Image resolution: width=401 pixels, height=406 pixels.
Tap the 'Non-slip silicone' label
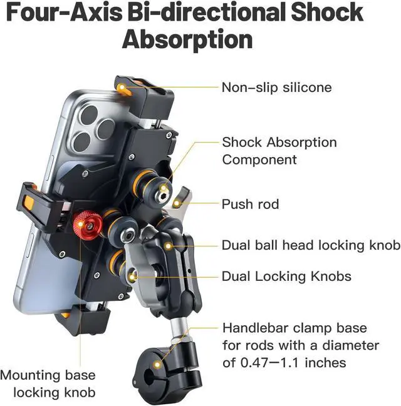point(276,87)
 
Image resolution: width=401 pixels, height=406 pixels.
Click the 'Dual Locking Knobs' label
point(286,276)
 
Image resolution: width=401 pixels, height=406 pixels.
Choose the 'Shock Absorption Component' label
point(279,150)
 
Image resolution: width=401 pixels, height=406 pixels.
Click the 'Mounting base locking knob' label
point(48,383)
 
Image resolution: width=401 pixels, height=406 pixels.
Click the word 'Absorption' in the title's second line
point(187,39)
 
